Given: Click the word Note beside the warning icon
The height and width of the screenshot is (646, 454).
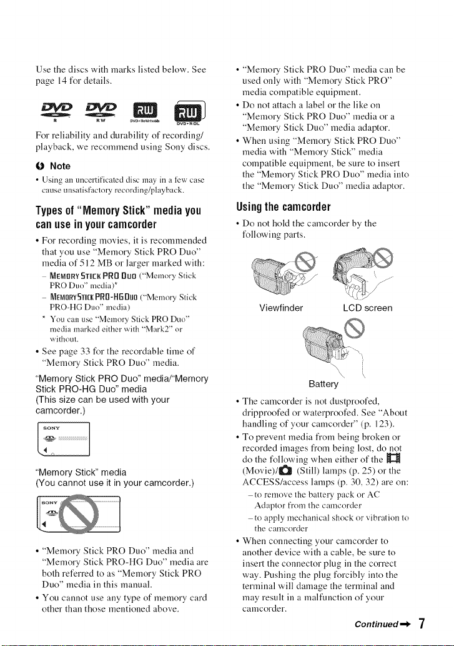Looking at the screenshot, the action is pyautogui.click(x=60, y=166).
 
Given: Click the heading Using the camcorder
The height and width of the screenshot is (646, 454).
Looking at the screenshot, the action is pyautogui.click(x=284, y=206).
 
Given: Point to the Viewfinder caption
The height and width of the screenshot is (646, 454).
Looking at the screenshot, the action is pyautogui.click(x=281, y=308).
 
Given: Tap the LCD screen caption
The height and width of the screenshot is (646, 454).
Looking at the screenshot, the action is pyautogui.click(x=368, y=308).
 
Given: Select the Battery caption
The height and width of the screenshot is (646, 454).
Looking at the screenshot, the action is pyautogui.click(x=323, y=384).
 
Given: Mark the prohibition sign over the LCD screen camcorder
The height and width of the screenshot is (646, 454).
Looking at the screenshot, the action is pyautogui.click(x=382, y=258).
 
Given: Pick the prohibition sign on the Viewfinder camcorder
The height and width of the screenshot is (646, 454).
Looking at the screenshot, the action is pyautogui.click(x=308, y=260).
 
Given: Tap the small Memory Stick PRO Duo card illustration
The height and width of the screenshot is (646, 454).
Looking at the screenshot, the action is pyautogui.click(x=63, y=439).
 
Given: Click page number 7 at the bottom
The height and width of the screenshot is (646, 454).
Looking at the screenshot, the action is pyautogui.click(x=421, y=623).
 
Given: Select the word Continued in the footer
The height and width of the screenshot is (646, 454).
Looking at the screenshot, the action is pyautogui.click(x=377, y=624).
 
